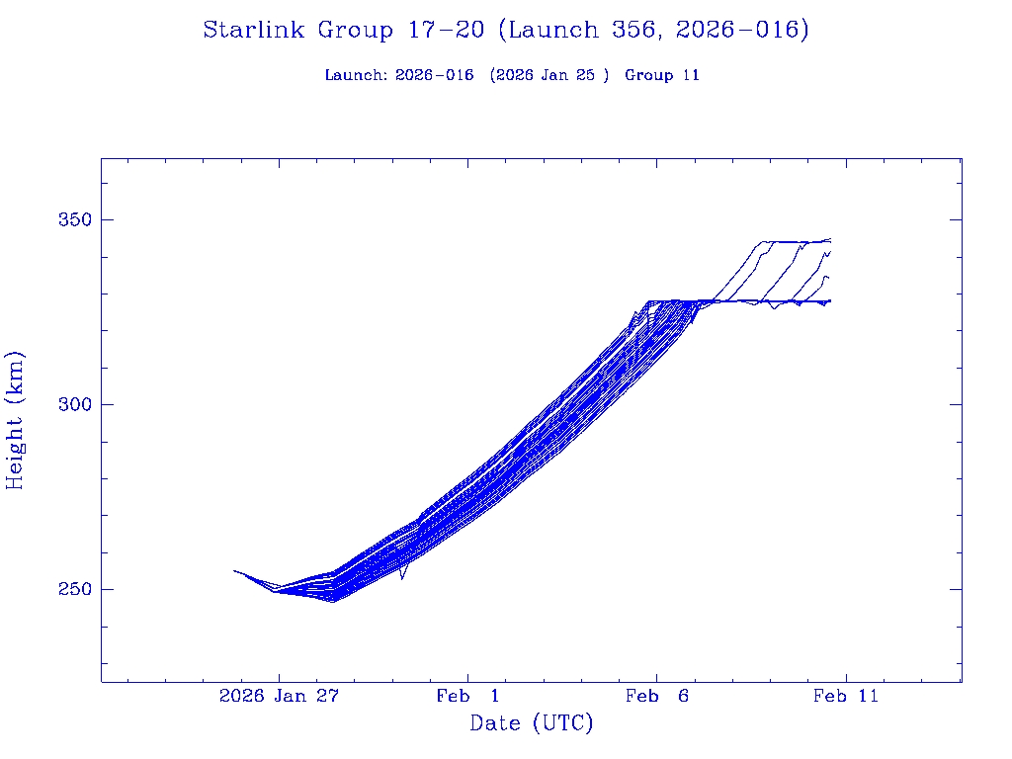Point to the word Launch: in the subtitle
pos(356,75)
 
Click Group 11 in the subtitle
pos(662,75)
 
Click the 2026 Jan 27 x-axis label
pos(279,697)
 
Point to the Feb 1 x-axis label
pos(467,697)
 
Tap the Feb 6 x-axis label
pos(656,697)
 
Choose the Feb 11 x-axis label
pos(845,697)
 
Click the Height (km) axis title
pos(16,420)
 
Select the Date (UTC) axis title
pos(532,724)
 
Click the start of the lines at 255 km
pos(234,570)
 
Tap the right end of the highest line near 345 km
pos(830,239)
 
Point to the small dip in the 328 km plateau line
pos(774,308)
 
